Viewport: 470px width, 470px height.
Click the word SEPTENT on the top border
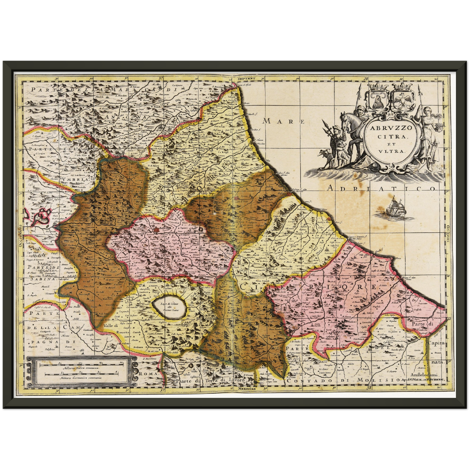pos(247,78)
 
